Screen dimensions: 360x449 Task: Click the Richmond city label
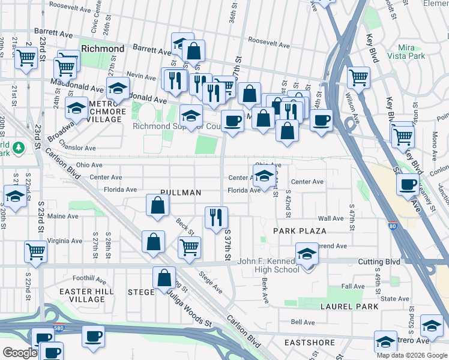click(x=102, y=49)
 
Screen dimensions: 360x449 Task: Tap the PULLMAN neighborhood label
click(x=179, y=193)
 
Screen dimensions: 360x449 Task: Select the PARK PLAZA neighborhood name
click(x=300, y=231)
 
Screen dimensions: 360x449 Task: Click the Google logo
click(x=20, y=353)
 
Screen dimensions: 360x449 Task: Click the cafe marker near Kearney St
click(x=408, y=184)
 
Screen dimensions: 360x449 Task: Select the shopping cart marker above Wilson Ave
click(x=358, y=76)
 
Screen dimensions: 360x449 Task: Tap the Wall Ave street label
click(x=330, y=219)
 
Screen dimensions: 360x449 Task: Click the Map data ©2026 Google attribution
click(x=411, y=355)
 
